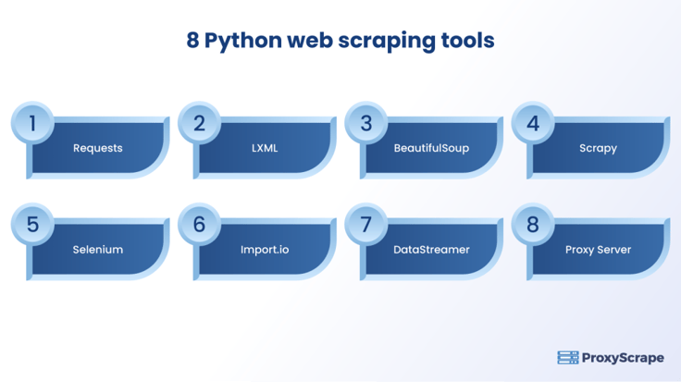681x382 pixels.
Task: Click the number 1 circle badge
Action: point(32,123)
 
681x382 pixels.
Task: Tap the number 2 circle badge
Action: point(199,123)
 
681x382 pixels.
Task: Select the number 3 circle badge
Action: point(366,123)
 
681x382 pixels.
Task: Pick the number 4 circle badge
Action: point(533,123)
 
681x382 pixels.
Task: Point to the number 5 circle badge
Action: point(32,225)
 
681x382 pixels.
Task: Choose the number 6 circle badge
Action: point(199,225)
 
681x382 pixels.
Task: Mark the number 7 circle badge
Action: point(366,225)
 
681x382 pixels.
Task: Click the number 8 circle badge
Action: point(533,225)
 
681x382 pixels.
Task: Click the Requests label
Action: point(98,149)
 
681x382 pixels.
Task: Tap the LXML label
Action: point(265,148)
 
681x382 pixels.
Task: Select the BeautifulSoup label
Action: point(431,149)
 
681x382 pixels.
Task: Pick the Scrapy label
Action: point(598,149)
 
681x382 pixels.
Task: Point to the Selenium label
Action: point(98,250)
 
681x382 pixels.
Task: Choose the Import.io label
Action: point(265,250)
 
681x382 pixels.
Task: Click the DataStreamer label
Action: point(431,250)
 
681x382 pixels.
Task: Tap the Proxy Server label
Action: point(598,250)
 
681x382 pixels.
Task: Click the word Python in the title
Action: point(243,42)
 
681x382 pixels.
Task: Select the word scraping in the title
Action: point(387,42)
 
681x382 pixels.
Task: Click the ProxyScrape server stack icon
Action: point(568,358)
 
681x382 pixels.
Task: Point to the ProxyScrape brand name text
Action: point(623,358)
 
